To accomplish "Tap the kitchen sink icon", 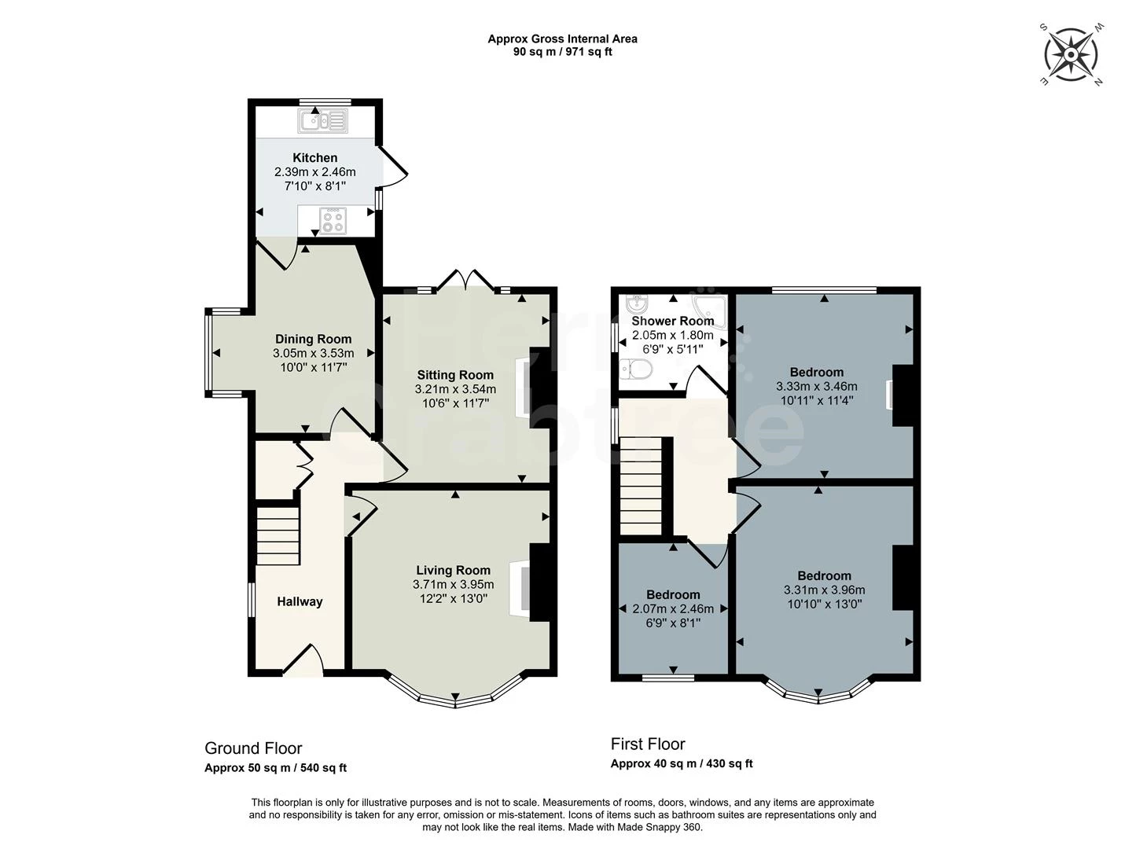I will (322, 121).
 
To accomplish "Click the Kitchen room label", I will (315, 158).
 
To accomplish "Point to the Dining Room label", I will (313, 340).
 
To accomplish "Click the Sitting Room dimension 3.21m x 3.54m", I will (455, 389).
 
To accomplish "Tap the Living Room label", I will (453, 570).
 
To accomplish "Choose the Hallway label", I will (300, 601).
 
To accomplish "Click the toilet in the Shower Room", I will (635, 369).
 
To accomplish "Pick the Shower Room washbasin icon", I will (637, 303).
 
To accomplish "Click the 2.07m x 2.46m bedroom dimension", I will (673, 608).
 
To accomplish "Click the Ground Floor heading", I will (253, 748).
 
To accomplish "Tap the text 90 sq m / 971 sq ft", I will (562, 52).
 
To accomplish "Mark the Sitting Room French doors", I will (467, 281).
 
